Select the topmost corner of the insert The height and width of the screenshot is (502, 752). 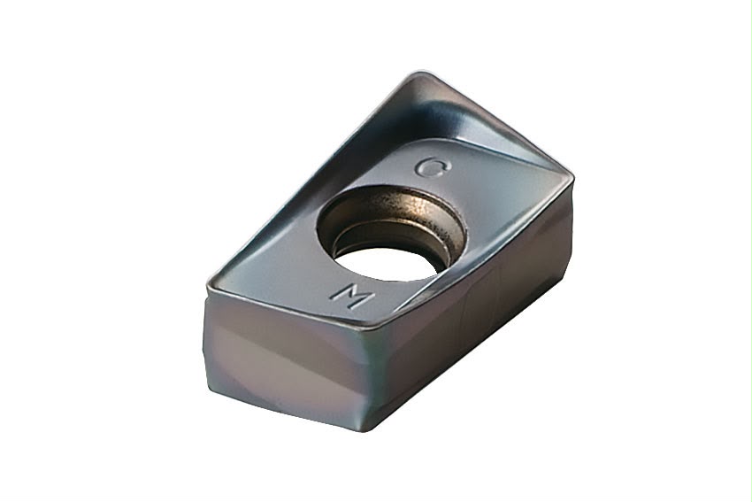click(414, 73)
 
